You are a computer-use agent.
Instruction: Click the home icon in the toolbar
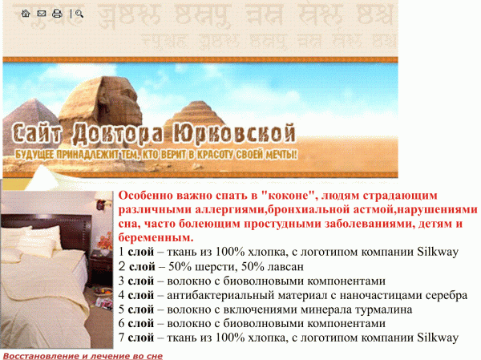coord(26,13)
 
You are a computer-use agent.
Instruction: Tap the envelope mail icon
coord(42,14)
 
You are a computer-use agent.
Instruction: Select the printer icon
coord(57,14)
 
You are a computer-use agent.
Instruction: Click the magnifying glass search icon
coord(79,14)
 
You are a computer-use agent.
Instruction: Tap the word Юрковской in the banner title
coord(234,134)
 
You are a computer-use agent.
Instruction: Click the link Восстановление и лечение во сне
coord(83,356)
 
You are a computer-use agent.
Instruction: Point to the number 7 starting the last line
coord(122,338)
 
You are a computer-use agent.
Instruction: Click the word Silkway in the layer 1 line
coord(438,252)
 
